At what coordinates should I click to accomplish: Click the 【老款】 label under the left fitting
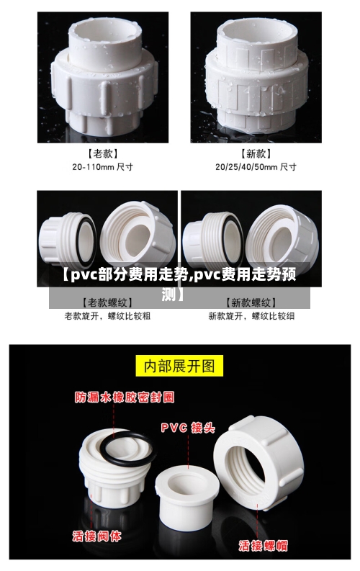(x=102, y=153)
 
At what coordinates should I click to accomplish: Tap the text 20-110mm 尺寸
(x=102, y=166)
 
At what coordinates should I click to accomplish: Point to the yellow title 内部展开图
(x=180, y=366)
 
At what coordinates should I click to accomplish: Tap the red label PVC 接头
(x=187, y=428)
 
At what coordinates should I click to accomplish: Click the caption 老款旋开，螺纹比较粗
(x=107, y=315)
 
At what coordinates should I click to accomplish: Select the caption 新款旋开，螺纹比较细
(x=251, y=315)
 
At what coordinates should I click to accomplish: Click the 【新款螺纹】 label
(x=251, y=302)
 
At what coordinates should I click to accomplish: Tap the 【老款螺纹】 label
(x=107, y=302)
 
